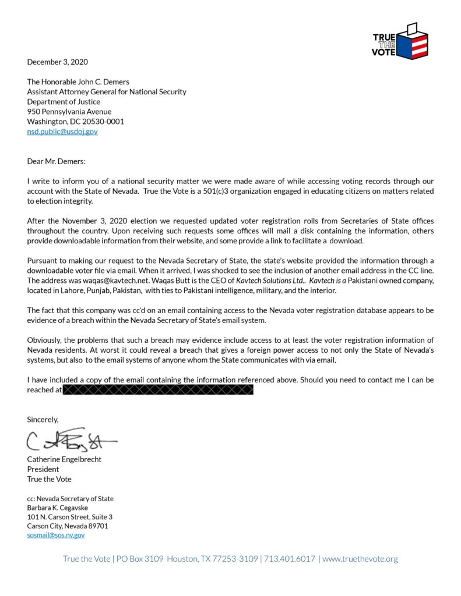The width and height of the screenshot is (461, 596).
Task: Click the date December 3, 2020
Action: click(58, 62)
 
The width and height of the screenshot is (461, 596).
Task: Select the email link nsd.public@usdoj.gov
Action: click(62, 132)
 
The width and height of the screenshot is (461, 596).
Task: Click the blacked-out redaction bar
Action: click(157, 390)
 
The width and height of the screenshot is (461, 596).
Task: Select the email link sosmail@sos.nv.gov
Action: click(56, 535)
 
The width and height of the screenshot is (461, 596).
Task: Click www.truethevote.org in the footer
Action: click(360, 559)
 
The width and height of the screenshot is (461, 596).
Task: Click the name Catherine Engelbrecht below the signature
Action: click(65, 459)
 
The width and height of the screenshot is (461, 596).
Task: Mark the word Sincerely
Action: click(43, 419)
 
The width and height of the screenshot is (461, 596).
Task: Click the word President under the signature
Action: click(43, 469)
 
